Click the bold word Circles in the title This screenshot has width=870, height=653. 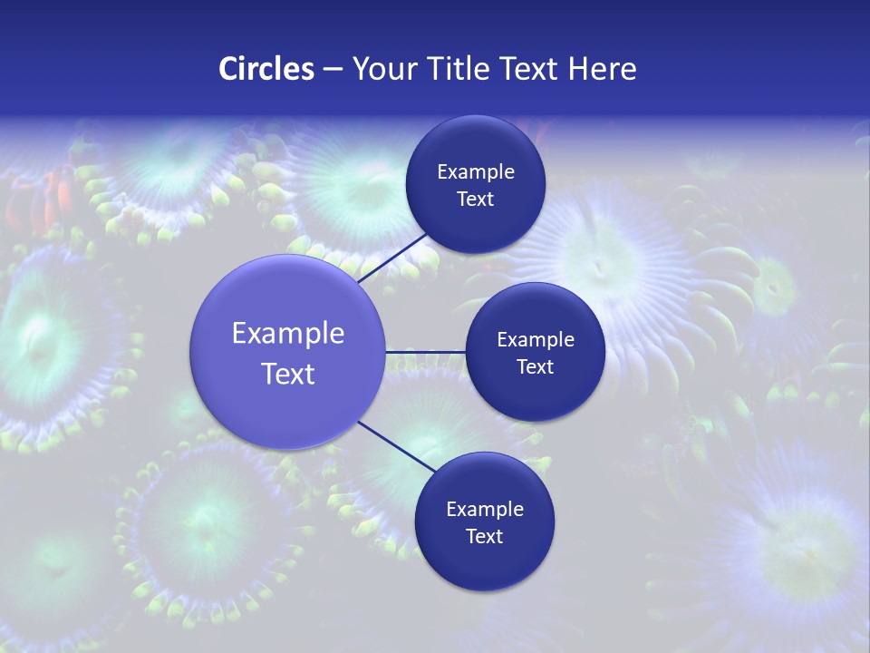click(266, 69)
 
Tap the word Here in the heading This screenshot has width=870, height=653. click(603, 69)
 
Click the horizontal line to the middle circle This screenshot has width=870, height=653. click(425, 351)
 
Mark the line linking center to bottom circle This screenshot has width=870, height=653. click(397, 445)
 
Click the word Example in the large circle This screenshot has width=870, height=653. click(288, 334)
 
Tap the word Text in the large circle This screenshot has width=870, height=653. click(288, 374)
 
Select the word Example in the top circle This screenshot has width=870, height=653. click(475, 172)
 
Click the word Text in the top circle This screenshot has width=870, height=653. click(475, 200)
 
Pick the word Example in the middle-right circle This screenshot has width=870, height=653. click(536, 340)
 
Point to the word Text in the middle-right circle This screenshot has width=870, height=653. click(536, 367)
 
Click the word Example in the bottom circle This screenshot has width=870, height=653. click(484, 510)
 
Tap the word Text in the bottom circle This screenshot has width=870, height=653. click(484, 537)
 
